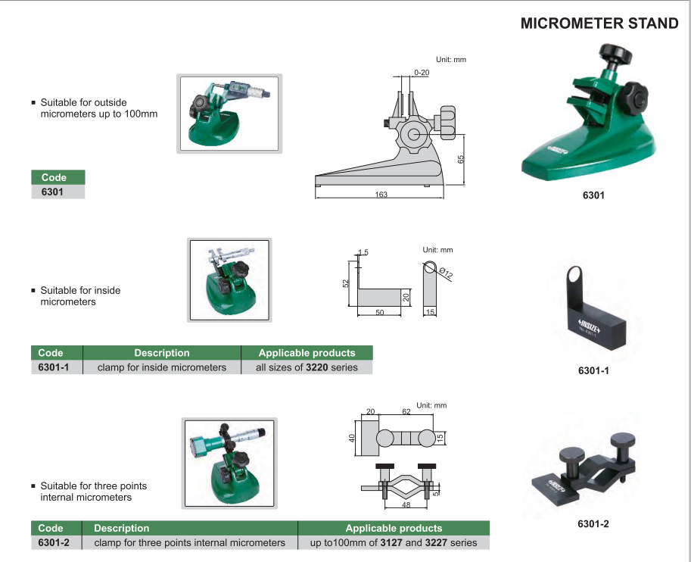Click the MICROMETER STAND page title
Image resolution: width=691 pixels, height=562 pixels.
599,23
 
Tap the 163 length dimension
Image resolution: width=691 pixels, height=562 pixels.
381,195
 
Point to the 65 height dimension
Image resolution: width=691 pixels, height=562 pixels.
460,159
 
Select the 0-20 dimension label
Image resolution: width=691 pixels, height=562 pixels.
422,72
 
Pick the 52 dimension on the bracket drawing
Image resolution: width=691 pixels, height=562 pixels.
346,283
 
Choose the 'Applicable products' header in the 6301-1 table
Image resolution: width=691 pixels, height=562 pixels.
307,353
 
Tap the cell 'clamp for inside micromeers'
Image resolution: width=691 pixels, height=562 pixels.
162,367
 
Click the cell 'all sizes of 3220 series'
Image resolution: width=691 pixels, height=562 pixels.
307,367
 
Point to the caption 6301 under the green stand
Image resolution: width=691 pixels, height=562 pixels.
593,195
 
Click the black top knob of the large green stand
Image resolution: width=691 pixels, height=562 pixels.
615,54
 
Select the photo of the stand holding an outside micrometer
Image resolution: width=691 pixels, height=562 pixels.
229,114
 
